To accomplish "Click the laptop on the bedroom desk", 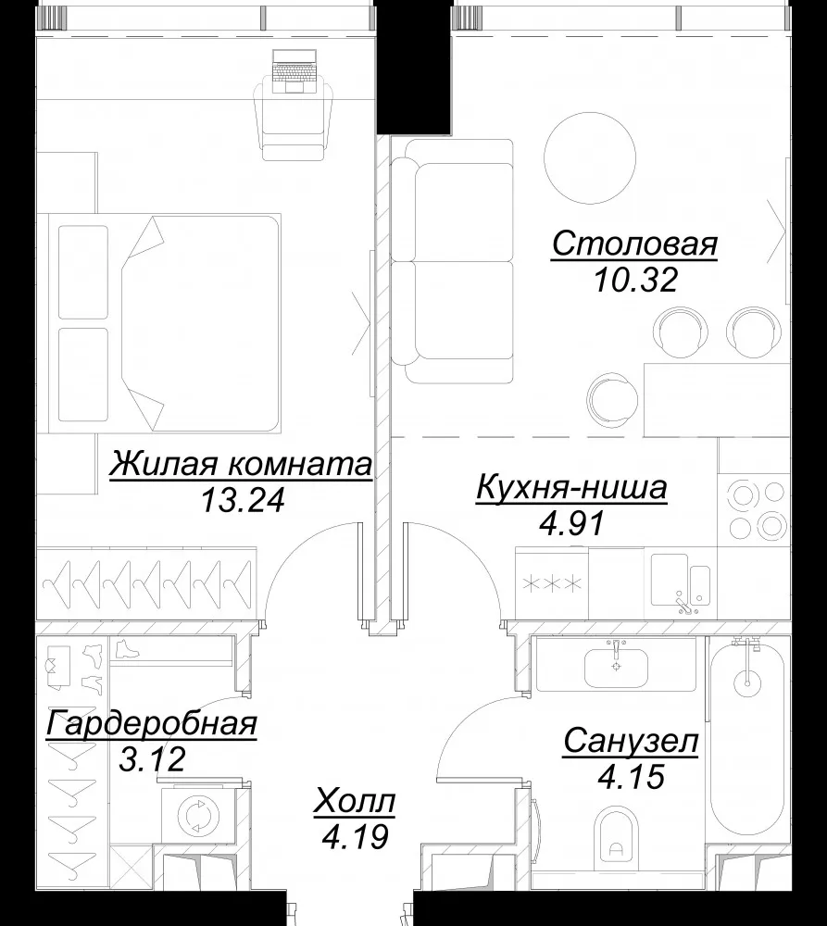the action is [295, 71].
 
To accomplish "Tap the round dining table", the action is [590, 158].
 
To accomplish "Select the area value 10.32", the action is [635, 280].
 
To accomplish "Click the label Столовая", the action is [635, 244].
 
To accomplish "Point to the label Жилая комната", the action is [241, 464].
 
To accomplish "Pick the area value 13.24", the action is [243, 500].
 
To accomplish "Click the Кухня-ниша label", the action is [571, 488].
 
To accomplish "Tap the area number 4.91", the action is [572, 523].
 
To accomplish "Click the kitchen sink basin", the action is [670, 580].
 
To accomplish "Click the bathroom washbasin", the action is [616, 666].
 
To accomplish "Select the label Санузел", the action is [631, 742].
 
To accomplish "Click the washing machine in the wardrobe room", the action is [195, 816].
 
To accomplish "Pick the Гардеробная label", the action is [152, 723].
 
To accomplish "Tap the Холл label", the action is [355, 802].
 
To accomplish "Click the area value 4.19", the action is [356, 837].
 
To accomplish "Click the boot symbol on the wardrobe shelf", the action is [128, 648].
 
